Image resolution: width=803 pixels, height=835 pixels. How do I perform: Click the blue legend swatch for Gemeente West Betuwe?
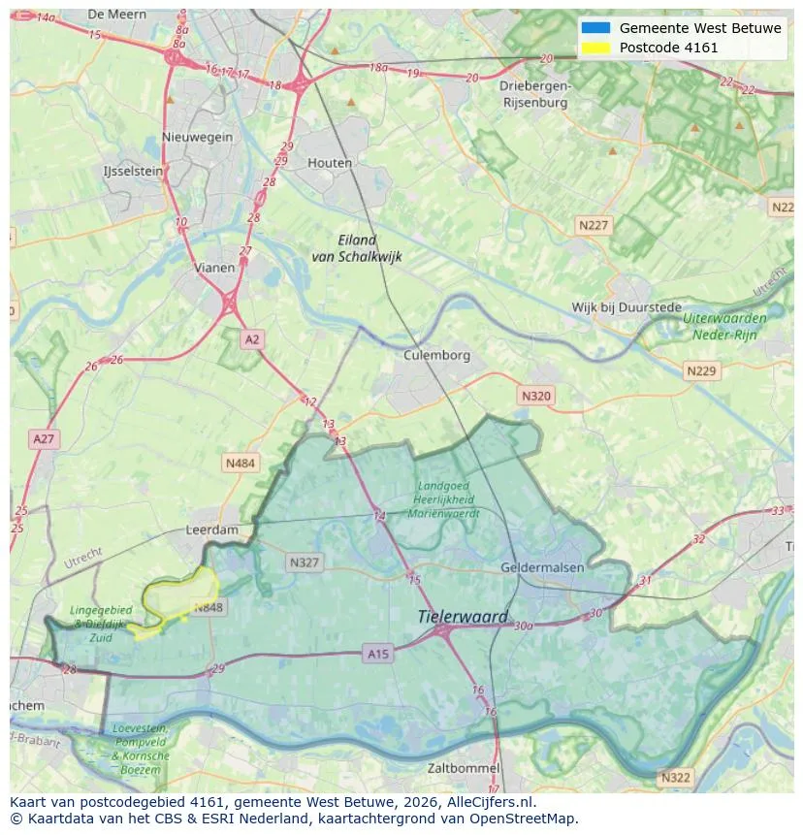pyautogui.click(x=595, y=28)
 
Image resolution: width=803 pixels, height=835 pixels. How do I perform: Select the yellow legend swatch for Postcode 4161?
pyautogui.click(x=595, y=48)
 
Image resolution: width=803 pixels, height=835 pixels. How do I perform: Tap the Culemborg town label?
pyautogui.click(x=436, y=355)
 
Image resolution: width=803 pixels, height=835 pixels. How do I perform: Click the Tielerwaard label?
pyautogui.click(x=463, y=617)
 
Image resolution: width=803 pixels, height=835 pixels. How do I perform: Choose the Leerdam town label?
pyautogui.click(x=211, y=530)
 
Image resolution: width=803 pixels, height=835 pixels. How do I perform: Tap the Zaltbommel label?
pyautogui.click(x=464, y=768)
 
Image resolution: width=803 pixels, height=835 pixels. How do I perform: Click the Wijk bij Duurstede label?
pyautogui.click(x=626, y=307)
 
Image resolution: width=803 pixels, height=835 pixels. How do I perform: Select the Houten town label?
pyautogui.click(x=330, y=163)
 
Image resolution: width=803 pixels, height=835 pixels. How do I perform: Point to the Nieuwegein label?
pyautogui.click(x=198, y=137)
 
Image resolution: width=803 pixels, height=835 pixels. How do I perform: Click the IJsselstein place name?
pyautogui.click(x=133, y=171)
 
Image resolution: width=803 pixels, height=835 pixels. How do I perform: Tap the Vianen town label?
pyautogui.click(x=213, y=268)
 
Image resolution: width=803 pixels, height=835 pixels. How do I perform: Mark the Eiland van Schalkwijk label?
pyautogui.click(x=357, y=248)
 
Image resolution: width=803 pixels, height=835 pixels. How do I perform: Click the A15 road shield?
pyautogui.click(x=378, y=655)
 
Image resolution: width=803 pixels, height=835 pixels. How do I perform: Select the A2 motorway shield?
pyautogui.click(x=252, y=338)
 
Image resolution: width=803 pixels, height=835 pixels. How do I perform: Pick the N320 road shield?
pyautogui.click(x=535, y=396)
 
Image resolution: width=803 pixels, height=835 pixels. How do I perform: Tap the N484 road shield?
pyautogui.click(x=241, y=464)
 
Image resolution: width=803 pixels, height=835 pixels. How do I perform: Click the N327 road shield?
pyautogui.click(x=304, y=562)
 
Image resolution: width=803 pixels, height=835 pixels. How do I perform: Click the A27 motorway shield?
pyautogui.click(x=45, y=439)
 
